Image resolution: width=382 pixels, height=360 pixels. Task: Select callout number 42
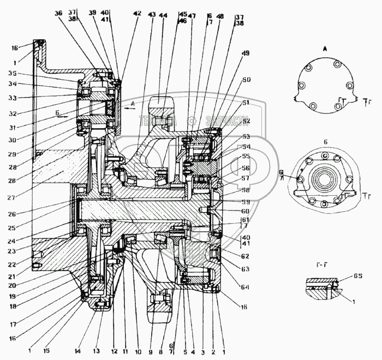tap(136, 13)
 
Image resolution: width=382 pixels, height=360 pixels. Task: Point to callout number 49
tap(246, 53)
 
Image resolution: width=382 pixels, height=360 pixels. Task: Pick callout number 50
tap(246, 80)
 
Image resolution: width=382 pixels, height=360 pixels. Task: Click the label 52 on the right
tap(246, 121)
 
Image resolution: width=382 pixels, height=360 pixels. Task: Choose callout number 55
tap(246, 155)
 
